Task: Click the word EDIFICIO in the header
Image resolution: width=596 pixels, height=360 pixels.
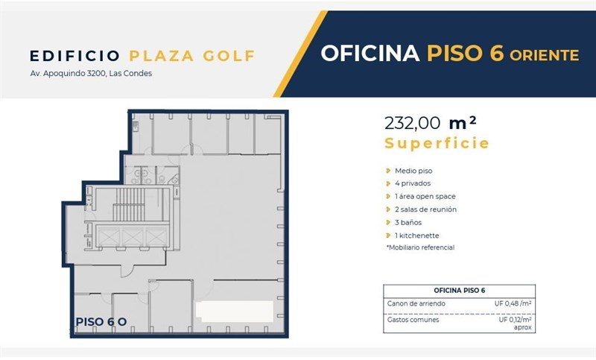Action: click(75, 56)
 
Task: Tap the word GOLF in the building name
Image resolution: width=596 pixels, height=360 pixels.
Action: click(229, 56)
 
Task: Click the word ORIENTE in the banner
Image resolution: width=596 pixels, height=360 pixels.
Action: click(545, 55)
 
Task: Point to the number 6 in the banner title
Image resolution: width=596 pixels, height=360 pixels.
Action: click(496, 52)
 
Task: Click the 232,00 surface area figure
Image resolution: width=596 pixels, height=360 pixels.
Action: click(413, 123)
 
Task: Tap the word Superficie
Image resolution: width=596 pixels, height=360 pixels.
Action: click(437, 143)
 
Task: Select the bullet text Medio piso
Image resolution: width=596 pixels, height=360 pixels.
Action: click(413, 171)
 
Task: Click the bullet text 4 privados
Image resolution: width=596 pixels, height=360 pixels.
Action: click(413, 183)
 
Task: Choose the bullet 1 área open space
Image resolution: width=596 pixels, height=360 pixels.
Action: click(425, 197)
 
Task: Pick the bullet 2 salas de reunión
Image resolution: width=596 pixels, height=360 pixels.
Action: click(425, 209)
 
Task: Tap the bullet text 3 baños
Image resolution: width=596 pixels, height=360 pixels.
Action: click(408, 222)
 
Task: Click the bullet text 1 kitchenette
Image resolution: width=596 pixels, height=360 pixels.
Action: click(417, 236)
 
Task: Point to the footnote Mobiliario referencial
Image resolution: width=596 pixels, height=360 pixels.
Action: click(420, 247)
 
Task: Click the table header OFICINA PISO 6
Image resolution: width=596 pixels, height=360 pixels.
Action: click(459, 291)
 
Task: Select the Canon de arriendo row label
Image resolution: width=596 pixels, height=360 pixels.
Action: click(416, 303)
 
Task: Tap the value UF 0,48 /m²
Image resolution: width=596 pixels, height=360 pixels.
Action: click(513, 303)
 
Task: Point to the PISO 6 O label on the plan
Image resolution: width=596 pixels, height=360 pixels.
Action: click(101, 322)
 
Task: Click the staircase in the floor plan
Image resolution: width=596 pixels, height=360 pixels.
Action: click(130, 203)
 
